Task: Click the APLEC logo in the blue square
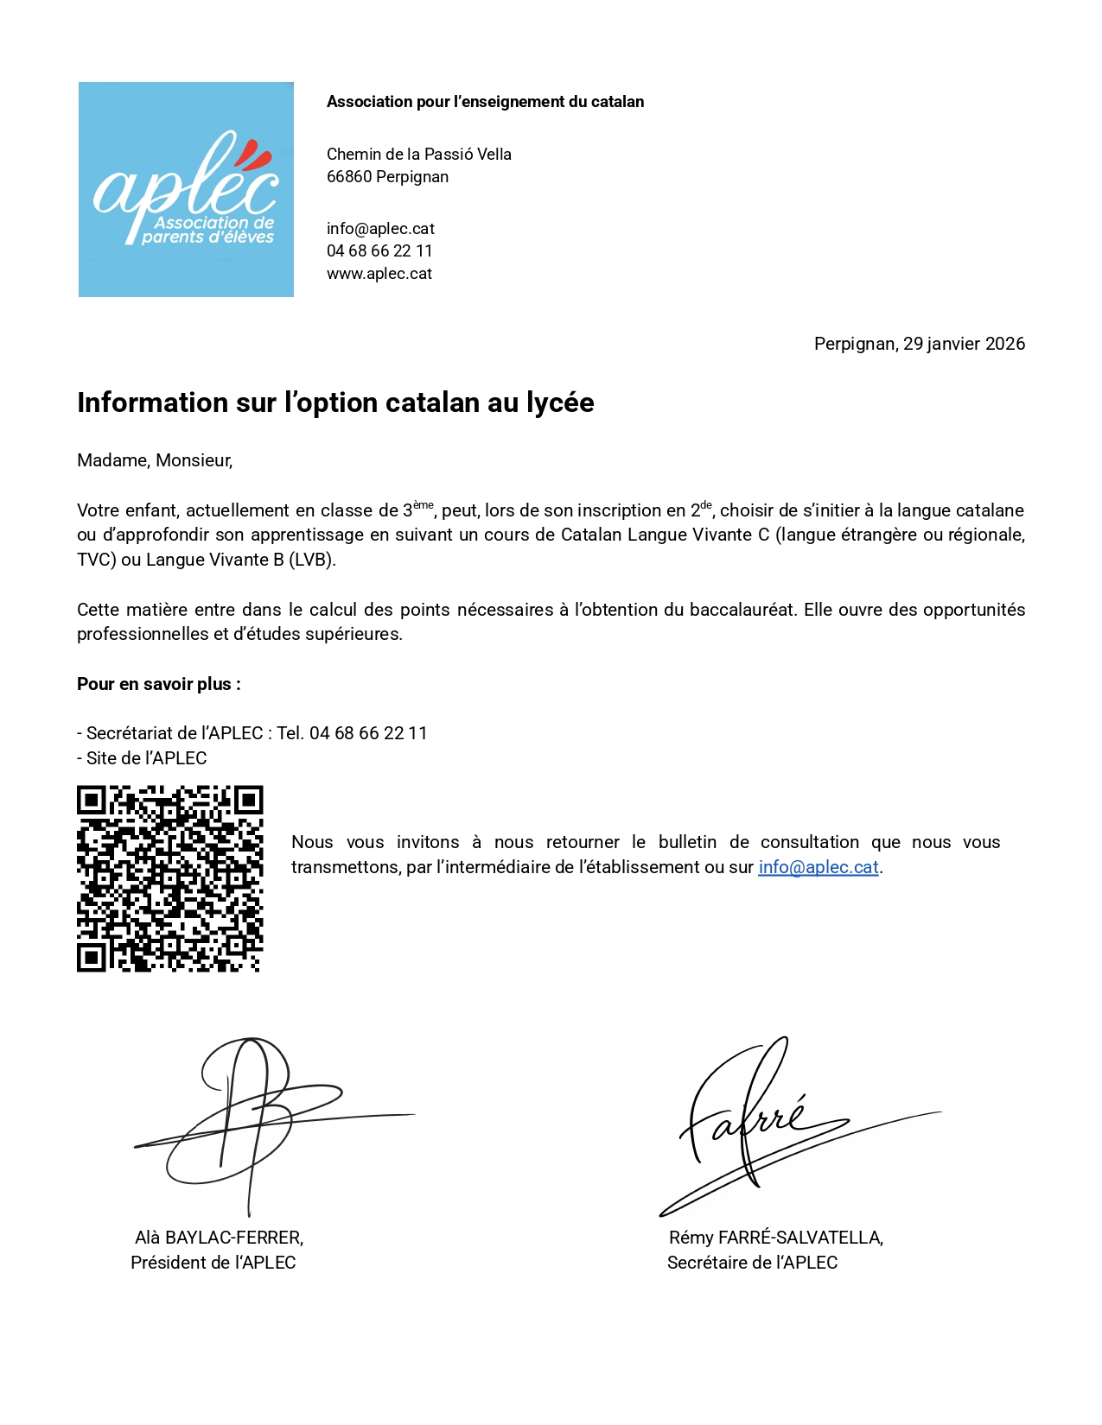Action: [186, 190]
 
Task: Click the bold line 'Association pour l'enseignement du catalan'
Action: [485, 102]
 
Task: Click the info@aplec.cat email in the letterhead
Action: [380, 229]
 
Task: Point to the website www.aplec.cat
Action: [379, 274]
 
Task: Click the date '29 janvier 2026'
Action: [964, 344]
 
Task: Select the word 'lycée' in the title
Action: [560, 403]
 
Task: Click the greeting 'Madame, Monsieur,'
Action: [155, 460]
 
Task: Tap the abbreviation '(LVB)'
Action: [311, 560]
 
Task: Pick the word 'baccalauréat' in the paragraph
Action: [741, 610]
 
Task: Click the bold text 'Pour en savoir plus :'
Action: [159, 684]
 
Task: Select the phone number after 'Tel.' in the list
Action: [368, 733]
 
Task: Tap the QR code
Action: [169, 878]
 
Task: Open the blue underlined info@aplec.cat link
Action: [818, 867]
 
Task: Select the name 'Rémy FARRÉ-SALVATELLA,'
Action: [775, 1238]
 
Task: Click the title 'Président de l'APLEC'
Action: [213, 1263]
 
